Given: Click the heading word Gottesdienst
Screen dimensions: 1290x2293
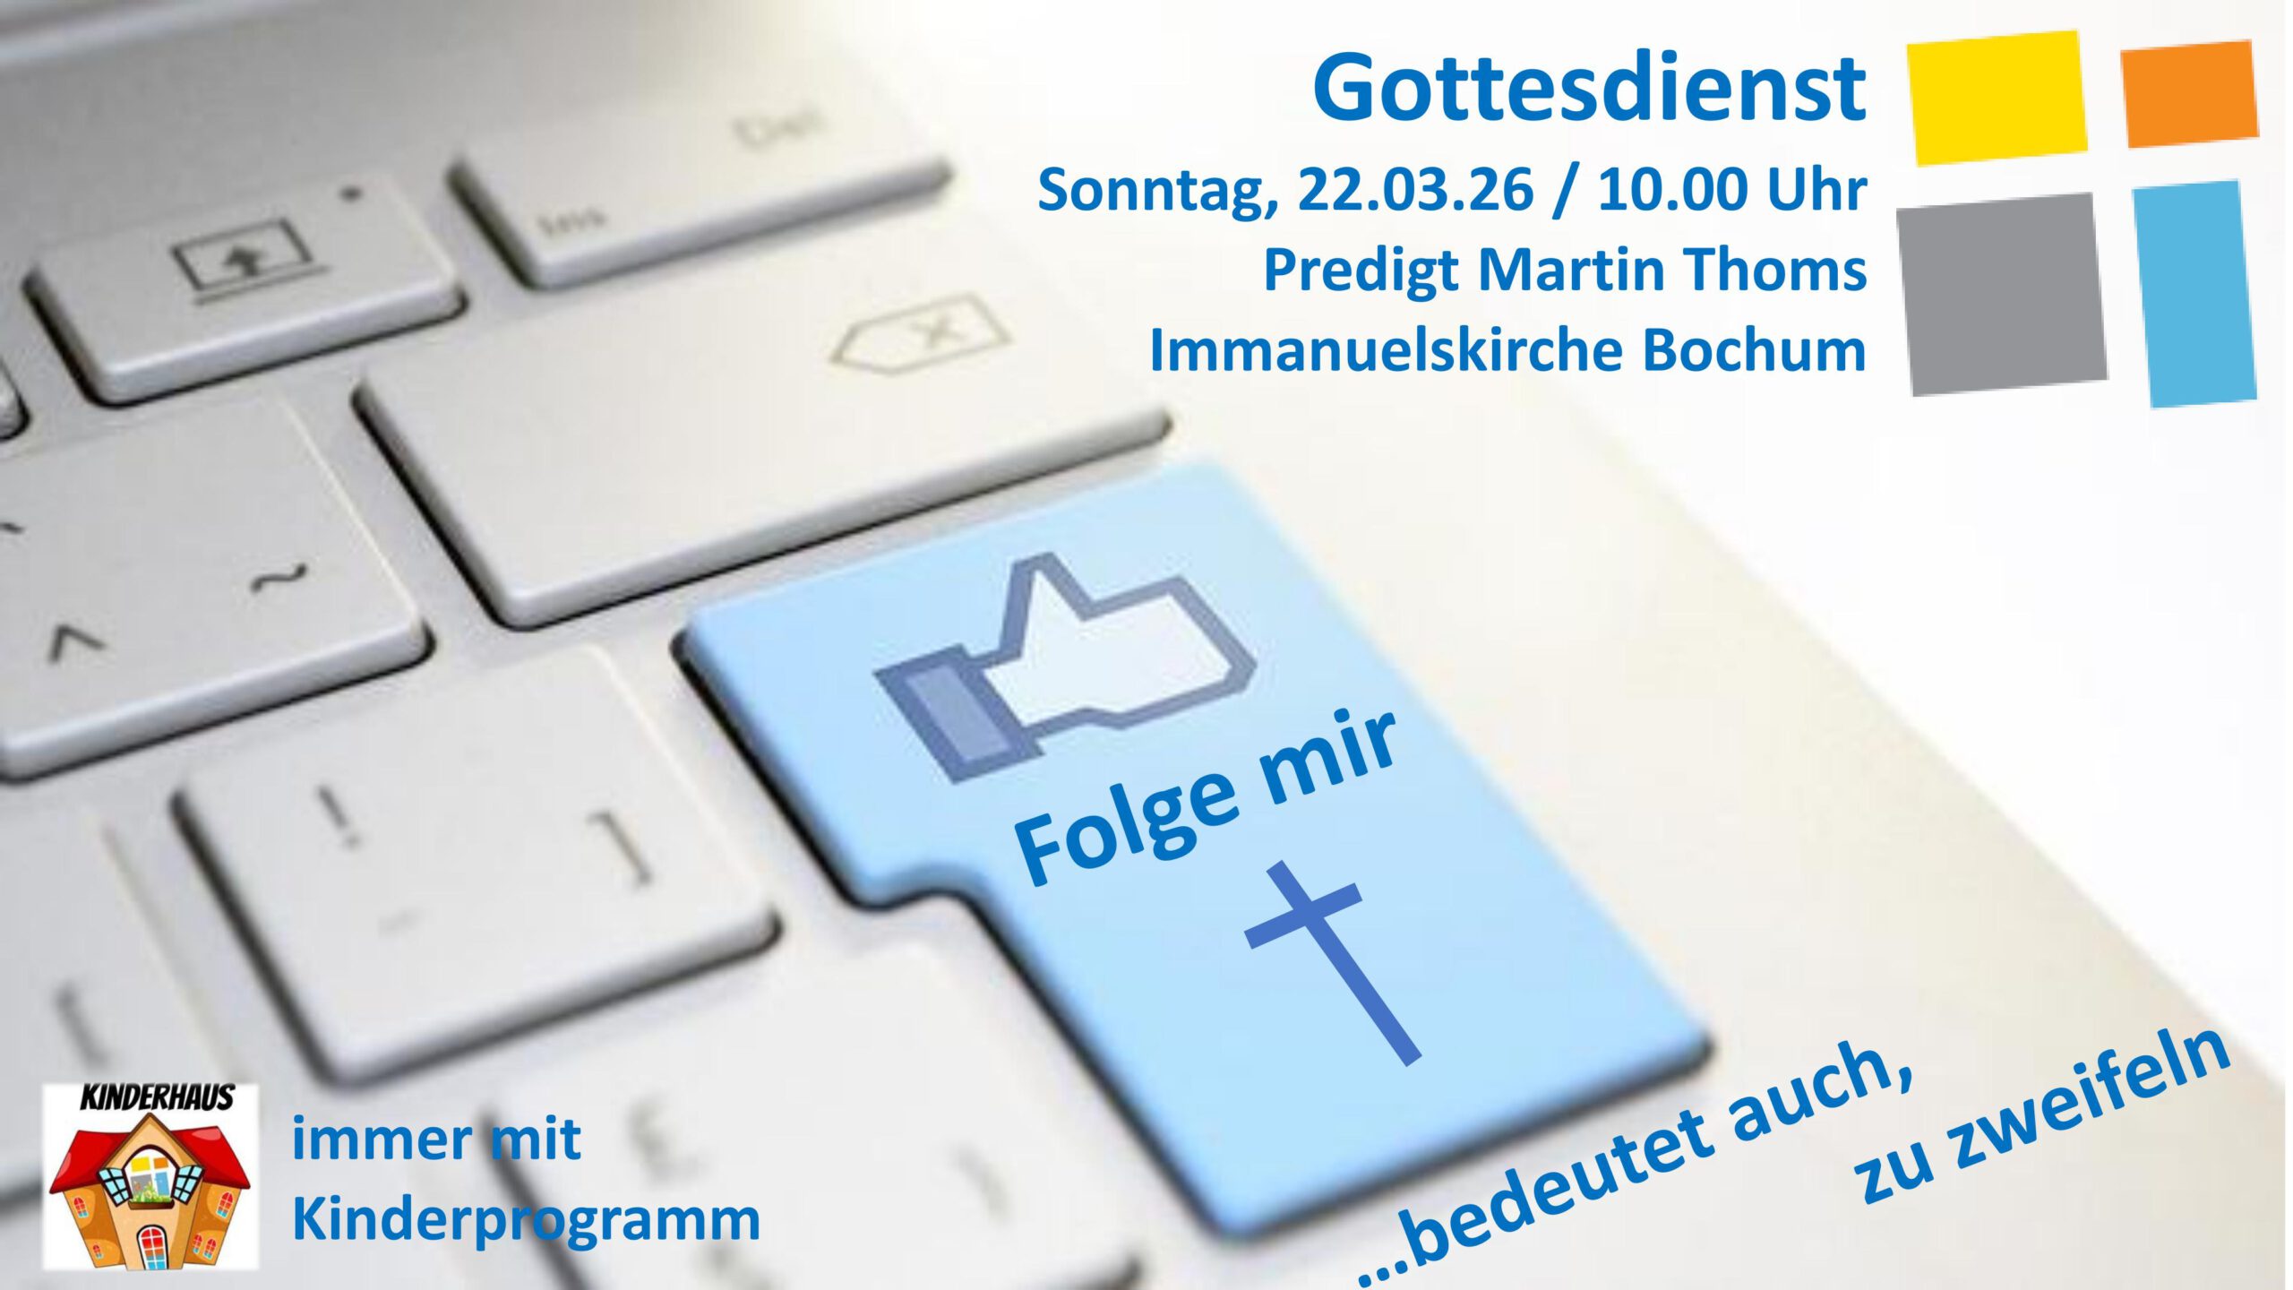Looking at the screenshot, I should click(1589, 88).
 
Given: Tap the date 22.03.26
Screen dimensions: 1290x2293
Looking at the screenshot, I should click(1415, 190).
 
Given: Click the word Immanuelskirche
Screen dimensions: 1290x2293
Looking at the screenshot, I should click(1386, 349).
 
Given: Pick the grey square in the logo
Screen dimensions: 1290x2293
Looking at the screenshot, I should click(2002, 294).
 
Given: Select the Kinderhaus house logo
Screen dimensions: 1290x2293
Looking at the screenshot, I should click(150, 1176).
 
